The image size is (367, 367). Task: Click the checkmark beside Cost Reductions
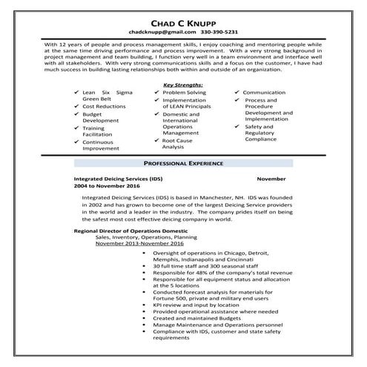tap(76, 107)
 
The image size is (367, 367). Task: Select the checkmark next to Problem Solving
tap(156, 93)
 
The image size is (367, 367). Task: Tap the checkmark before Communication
tap(236, 93)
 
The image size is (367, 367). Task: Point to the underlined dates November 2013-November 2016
tap(139, 243)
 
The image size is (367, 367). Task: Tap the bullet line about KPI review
tap(196, 304)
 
